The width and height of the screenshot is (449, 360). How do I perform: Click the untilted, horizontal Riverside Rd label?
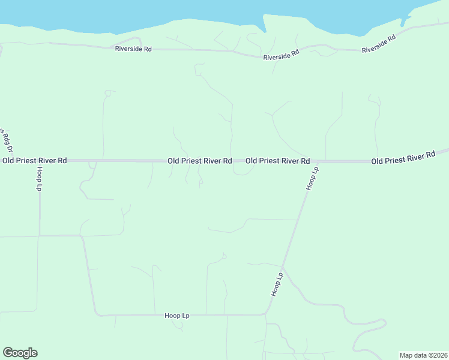[x=133, y=49]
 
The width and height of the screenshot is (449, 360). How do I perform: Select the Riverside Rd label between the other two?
[x=281, y=55]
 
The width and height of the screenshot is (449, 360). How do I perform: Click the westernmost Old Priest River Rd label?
[x=34, y=161]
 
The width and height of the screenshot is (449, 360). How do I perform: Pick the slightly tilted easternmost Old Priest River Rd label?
[x=403, y=158]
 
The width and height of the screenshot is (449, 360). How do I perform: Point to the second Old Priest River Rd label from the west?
[x=199, y=161]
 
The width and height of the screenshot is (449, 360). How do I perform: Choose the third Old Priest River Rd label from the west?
[x=277, y=161]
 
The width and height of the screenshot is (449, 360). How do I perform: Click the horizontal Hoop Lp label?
[x=177, y=316]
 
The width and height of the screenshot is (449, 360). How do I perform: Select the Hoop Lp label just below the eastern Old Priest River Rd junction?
[x=312, y=179]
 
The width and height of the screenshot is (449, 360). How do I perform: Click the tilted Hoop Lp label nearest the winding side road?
[x=277, y=284]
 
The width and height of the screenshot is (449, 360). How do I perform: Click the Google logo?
[x=20, y=353]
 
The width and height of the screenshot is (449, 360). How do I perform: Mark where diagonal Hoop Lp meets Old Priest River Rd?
[x=316, y=161]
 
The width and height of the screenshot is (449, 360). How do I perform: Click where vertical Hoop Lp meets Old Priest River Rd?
[x=40, y=161]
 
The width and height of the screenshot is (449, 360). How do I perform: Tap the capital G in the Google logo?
[x=8, y=353]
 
